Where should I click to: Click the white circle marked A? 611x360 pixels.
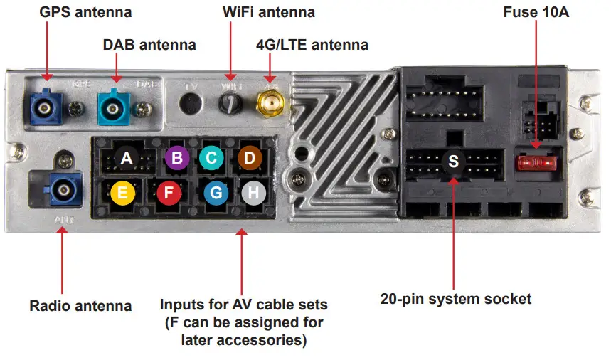point(127,158)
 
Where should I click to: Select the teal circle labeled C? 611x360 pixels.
point(211,158)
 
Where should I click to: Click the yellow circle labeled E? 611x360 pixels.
point(122,191)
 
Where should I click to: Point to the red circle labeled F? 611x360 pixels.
point(169,192)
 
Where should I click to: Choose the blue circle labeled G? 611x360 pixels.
point(216,192)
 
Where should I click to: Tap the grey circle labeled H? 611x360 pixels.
point(254,192)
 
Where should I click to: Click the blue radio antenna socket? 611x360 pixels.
point(62,191)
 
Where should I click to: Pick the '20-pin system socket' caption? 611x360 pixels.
point(456,299)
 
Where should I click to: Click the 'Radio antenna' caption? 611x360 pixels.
point(80,306)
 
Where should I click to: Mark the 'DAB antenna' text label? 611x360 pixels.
point(149,45)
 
